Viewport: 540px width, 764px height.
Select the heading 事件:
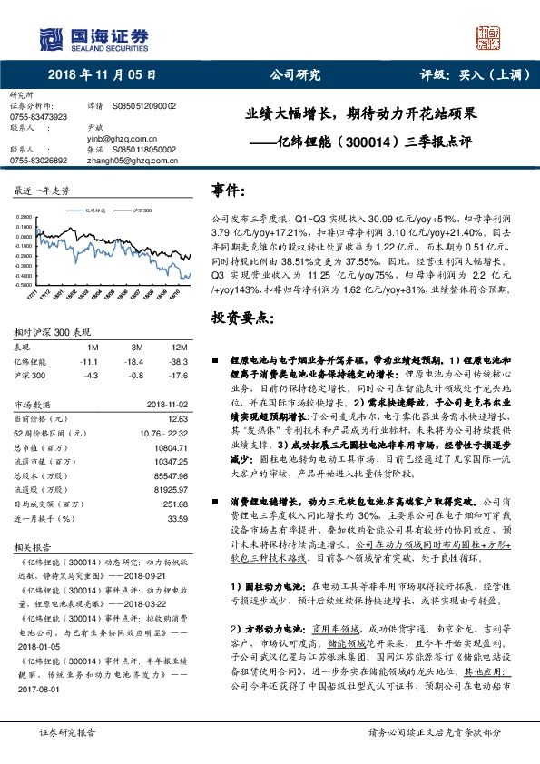pyautogui.click(x=228, y=191)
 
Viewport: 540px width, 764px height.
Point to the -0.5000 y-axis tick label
pyautogui.click(x=25, y=282)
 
